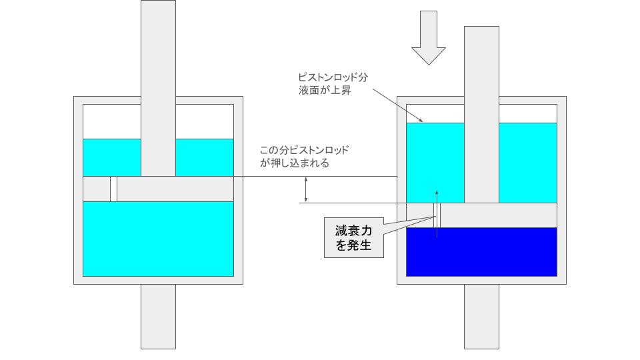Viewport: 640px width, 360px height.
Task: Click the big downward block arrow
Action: (429, 37)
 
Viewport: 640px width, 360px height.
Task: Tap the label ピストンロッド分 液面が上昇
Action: (333, 84)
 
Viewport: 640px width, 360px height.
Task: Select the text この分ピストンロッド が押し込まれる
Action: (305, 156)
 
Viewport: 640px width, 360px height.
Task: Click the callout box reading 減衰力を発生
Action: (354, 237)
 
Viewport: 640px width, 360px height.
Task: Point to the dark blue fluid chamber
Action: (481, 252)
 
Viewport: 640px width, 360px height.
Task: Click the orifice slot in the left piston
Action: (113, 189)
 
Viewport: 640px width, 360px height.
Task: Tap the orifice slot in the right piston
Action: (437, 215)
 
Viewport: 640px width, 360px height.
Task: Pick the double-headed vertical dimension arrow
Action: (306, 190)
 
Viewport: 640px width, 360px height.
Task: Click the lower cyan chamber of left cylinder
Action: (159, 239)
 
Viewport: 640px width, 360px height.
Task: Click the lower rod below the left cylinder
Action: (159, 317)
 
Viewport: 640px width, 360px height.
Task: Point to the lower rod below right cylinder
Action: (481, 317)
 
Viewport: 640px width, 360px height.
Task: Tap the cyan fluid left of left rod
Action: (112, 157)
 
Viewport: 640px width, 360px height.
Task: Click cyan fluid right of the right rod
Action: (528, 163)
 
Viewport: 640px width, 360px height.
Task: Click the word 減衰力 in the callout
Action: (354, 231)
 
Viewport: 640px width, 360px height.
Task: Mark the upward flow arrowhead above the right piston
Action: (437, 192)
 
